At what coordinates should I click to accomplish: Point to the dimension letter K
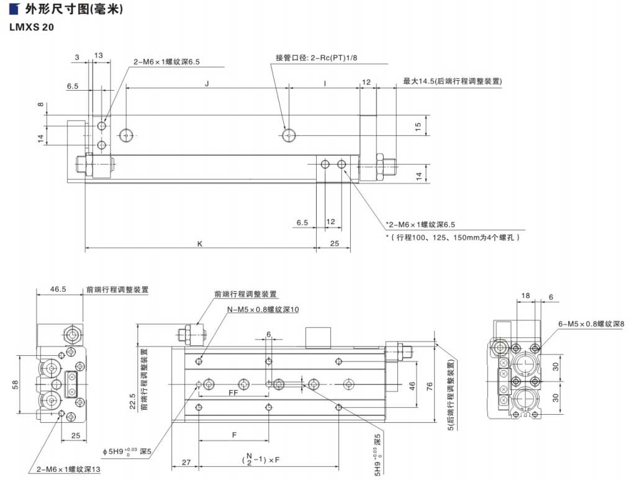tap(200, 244)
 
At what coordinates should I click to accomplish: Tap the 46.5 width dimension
tap(58, 289)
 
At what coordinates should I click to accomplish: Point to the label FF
tap(233, 393)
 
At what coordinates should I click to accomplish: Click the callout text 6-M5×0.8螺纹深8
tap(591, 324)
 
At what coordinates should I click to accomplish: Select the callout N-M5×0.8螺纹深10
tap(263, 309)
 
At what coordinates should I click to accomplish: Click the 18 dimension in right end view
tap(526, 296)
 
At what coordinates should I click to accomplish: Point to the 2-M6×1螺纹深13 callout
tap(68, 469)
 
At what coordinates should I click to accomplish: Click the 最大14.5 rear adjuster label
tap(452, 81)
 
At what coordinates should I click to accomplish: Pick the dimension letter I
tap(325, 82)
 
